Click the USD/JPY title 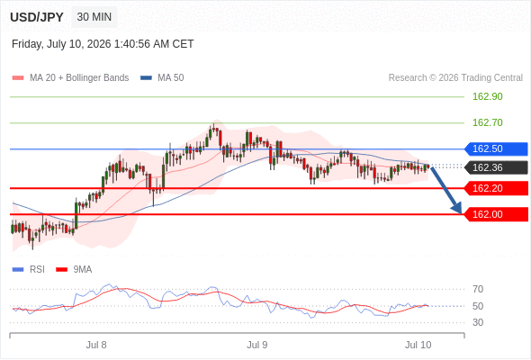point(37,17)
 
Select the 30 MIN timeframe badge point(94,17)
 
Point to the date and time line point(103,44)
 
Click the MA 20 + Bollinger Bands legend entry point(70,78)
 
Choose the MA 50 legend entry point(162,78)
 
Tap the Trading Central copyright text point(455,78)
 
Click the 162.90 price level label point(487,96)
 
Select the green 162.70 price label point(487,122)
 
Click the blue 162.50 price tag point(496,148)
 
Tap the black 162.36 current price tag point(496,167)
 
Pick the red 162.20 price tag point(496,188)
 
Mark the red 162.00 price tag point(496,214)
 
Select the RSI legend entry point(29,270)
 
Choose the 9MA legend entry point(74,270)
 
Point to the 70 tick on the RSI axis point(478,289)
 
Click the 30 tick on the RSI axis point(478,322)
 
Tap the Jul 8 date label point(96,345)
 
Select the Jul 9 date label point(257,345)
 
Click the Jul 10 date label point(418,345)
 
